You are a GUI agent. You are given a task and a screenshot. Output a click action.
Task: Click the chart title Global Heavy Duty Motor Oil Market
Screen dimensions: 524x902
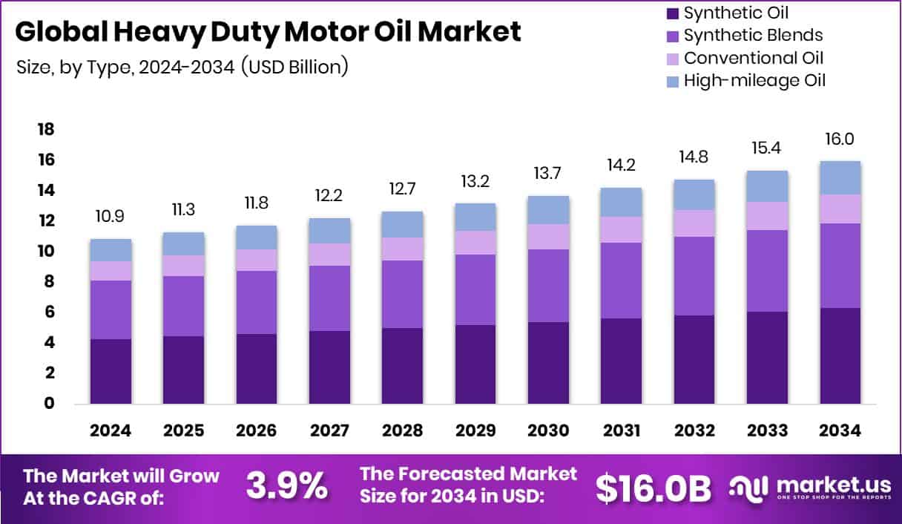point(268,32)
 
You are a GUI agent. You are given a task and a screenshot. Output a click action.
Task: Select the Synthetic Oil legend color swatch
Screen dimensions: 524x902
point(673,13)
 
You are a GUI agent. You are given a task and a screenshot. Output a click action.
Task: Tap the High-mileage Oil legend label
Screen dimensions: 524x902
point(754,80)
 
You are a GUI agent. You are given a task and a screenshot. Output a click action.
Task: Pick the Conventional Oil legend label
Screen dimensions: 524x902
point(753,58)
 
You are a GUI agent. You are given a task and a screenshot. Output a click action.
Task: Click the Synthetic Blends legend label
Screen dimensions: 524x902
point(753,35)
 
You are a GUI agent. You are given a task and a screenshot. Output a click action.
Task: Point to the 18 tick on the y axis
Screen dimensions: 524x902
point(46,130)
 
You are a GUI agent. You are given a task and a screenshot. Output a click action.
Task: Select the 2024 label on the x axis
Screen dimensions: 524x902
point(111,431)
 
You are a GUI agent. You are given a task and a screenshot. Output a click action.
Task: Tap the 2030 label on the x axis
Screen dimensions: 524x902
point(549,431)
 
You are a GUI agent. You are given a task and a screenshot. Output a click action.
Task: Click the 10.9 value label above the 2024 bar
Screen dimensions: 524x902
point(111,217)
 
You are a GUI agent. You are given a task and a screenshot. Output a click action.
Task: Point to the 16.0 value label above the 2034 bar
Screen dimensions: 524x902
point(840,139)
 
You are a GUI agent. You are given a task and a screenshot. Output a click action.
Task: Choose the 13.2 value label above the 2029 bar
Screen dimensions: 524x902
point(475,181)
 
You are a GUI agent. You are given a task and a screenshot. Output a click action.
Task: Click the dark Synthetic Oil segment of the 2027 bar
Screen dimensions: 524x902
point(329,367)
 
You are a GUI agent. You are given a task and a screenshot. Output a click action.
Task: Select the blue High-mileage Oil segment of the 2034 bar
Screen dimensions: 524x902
point(840,177)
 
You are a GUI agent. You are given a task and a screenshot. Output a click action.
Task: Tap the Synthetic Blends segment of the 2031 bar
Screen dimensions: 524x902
point(622,280)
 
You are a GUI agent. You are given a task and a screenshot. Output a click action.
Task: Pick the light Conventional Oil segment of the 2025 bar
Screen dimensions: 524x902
point(183,266)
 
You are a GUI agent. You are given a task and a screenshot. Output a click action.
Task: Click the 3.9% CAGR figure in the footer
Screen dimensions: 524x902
point(286,487)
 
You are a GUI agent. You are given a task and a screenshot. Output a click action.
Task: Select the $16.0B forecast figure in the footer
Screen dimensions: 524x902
point(654,488)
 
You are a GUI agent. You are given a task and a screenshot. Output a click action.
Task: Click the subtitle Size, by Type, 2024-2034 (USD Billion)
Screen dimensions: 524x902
point(182,67)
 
